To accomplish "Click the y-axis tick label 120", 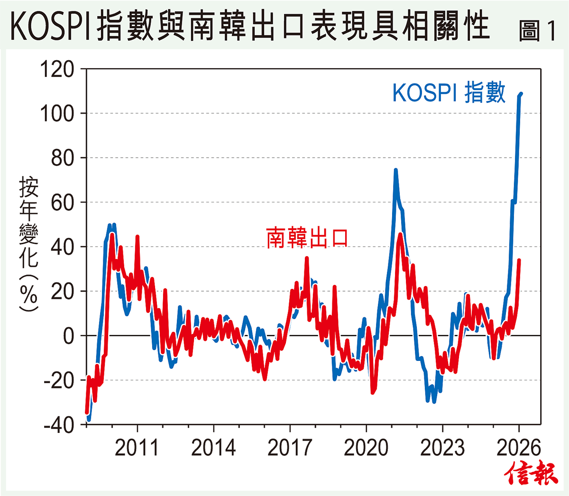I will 57,69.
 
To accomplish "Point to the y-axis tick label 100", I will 57,113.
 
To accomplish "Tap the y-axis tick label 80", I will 63,158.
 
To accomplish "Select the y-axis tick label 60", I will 63,202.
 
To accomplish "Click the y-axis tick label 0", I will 69,336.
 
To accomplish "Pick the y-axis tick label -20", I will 59,380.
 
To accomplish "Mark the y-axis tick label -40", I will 59,425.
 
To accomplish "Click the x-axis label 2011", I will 137,448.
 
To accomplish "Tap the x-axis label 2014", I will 213,448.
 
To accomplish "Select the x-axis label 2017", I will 290,448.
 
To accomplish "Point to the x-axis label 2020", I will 366,448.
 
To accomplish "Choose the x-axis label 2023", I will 442,448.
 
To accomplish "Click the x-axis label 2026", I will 518,448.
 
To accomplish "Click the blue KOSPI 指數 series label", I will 449,93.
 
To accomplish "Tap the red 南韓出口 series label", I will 307,238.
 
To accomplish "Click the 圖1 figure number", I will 537,30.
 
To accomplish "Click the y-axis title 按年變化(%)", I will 28,244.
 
